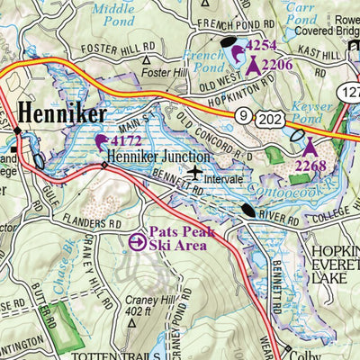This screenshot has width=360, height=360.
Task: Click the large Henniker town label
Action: coord(61,114)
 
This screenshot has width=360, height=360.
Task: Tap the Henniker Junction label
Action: coord(148,154)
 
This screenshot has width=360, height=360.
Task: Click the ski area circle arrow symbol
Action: coord(137,241)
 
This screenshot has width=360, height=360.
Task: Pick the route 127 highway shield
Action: coord(349,92)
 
